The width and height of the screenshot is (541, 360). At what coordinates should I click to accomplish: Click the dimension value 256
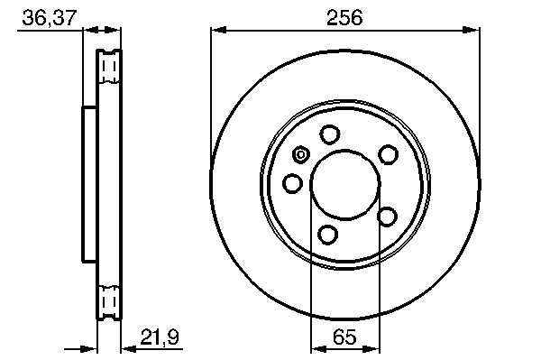point(344,17)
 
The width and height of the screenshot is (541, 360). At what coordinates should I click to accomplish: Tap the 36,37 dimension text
point(49,18)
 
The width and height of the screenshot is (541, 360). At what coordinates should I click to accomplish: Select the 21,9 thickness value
point(160,337)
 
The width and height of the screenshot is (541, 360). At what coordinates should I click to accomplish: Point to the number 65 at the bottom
point(344,337)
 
